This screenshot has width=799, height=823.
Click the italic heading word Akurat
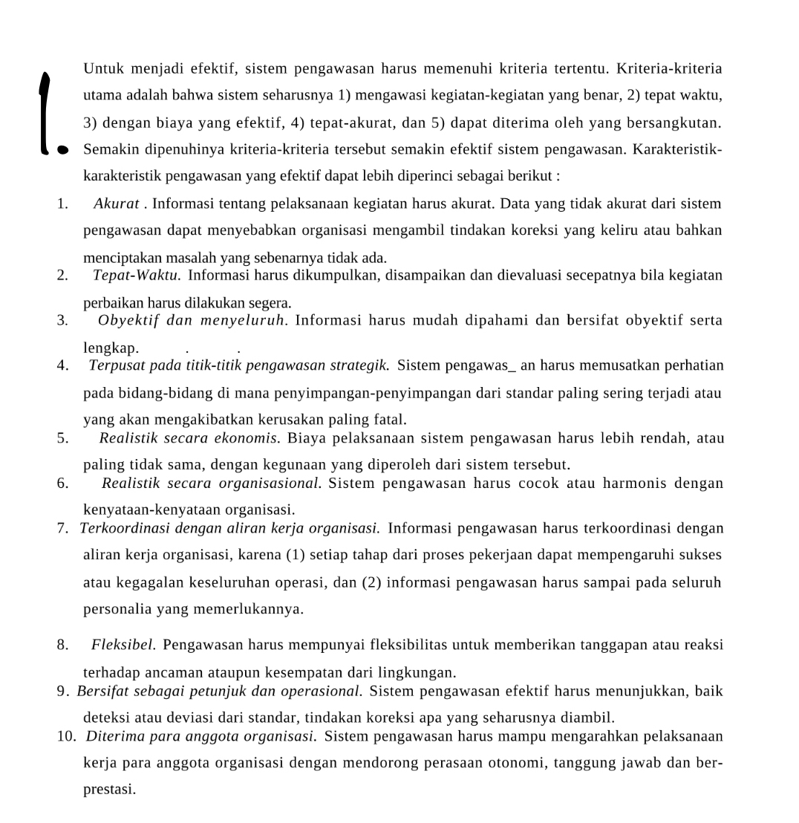tap(117, 204)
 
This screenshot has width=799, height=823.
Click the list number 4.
tap(62, 365)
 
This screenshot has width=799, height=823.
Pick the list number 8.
tap(62, 645)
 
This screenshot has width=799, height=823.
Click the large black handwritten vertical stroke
tap(46, 111)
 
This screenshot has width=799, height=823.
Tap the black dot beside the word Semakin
tap(63, 150)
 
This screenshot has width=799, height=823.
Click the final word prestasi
tap(108, 790)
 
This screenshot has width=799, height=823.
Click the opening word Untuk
tap(104, 69)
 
